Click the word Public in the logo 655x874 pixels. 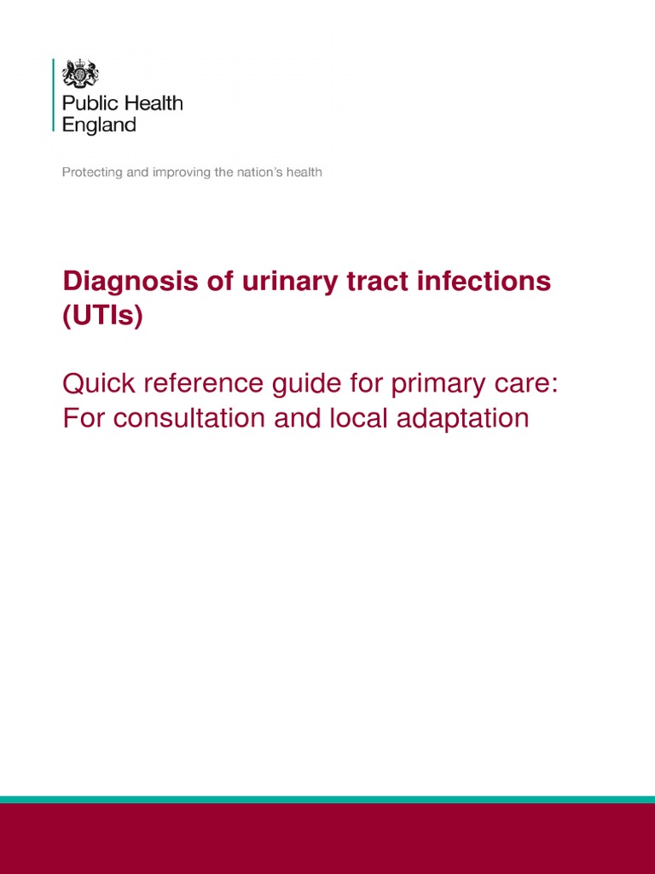tap(89, 104)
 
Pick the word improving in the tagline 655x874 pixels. tap(180, 172)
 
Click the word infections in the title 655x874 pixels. tap(478, 283)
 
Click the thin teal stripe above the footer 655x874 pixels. tap(327, 800)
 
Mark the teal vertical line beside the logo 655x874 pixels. tap(54, 95)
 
